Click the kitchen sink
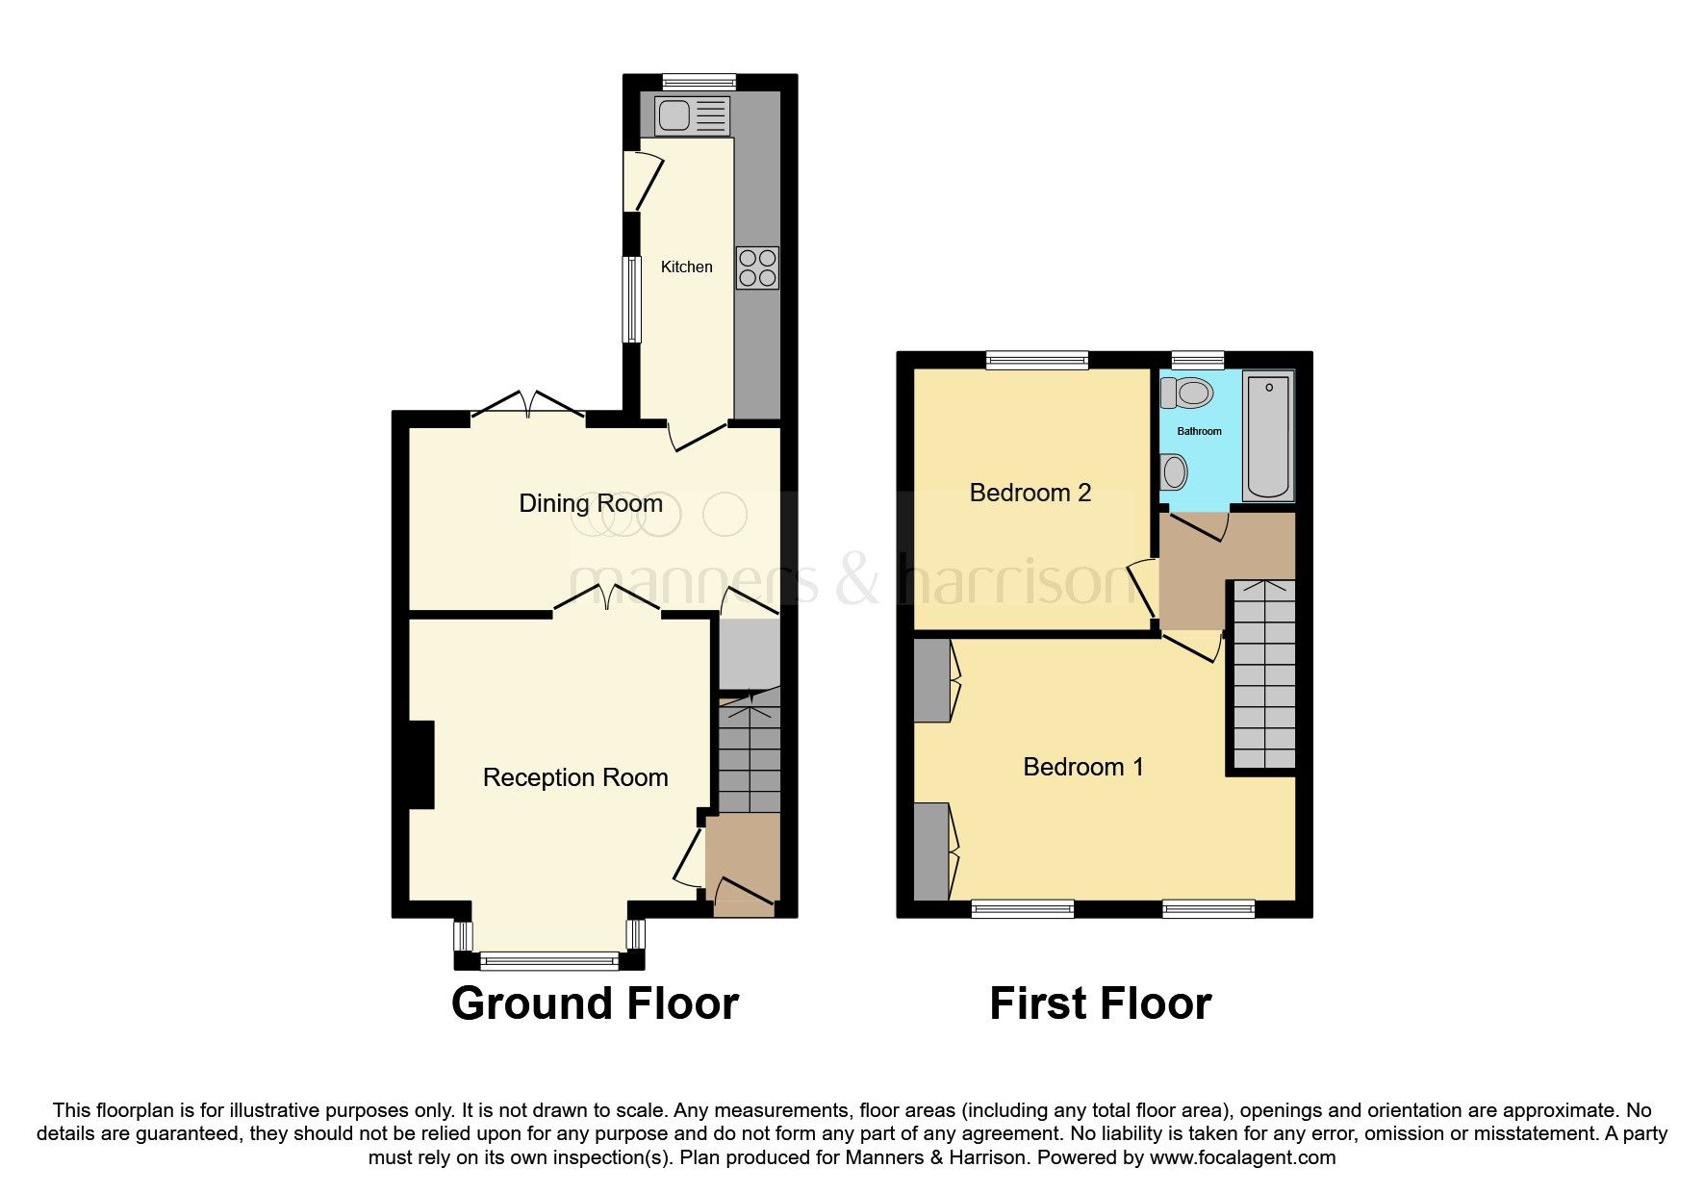coord(692,116)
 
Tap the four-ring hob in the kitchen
coord(757,268)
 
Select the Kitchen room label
coord(686,267)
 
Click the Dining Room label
coord(590,503)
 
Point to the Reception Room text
coord(574,777)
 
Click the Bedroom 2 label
coord(1030,493)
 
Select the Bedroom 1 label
coord(1082,767)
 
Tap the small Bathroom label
coord(1199,431)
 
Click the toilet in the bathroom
coord(1187,393)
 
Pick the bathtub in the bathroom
coord(1268,437)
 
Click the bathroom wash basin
coord(1174,472)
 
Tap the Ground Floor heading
coord(594,1003)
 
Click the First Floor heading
coord(1100,1003)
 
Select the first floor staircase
coord(1263,673)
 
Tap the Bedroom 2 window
coord(1036,361)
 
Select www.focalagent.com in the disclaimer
coord(1242,1157)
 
